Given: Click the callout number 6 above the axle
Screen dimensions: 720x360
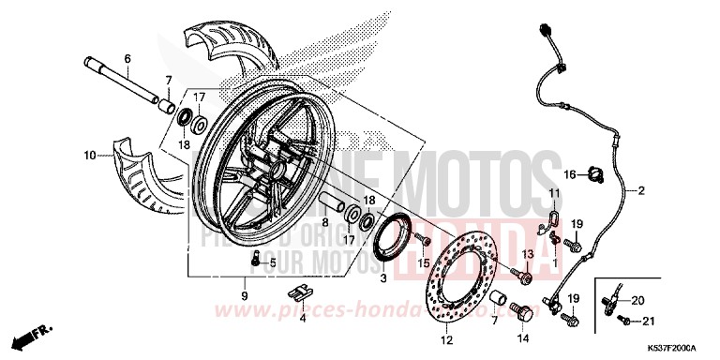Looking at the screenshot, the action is [128, 59].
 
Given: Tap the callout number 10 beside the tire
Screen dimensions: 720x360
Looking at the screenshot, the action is [90, 156].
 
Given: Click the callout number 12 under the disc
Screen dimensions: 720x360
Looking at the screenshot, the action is [447, 338].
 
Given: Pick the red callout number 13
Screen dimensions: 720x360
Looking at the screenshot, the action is [527, 255].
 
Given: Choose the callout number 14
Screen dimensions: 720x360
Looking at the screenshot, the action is [523, 338].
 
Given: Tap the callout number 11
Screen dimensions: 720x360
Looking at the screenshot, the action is [555, 195].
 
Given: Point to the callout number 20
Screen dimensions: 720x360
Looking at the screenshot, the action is [638, 300].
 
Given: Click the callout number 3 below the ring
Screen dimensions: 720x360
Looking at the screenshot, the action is [382, 279].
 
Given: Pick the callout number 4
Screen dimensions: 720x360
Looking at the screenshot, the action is [303, 319].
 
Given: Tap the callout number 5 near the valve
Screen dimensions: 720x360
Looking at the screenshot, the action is [274, 263].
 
